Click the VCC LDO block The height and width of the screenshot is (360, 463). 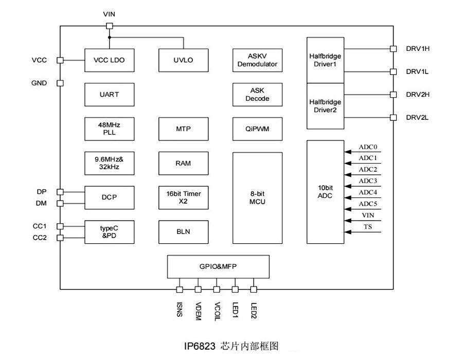[109, 60]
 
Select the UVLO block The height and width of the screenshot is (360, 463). [183, 60]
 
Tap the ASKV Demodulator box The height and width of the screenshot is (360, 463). [257, 60]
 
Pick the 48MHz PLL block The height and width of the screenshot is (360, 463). [109, 129]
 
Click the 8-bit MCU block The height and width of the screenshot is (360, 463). [257, 197]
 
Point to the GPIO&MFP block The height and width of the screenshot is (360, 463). [219, 266]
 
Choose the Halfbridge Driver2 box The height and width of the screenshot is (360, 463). [326, 106]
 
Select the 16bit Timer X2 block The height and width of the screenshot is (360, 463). [183, 197]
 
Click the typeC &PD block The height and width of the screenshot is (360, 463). [109, 232]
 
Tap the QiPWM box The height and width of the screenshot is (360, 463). [257, 129]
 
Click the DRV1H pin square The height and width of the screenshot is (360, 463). [393, 49]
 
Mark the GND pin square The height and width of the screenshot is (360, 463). [60, 83]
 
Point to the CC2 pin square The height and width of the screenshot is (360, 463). [60, 238]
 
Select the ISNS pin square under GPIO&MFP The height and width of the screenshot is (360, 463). [180, 290]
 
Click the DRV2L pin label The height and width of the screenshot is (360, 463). [417, 118]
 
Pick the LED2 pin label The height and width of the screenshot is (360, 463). [254, 310]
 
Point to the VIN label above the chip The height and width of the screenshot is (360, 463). [109, 14]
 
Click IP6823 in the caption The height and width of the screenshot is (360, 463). [199, 346]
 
